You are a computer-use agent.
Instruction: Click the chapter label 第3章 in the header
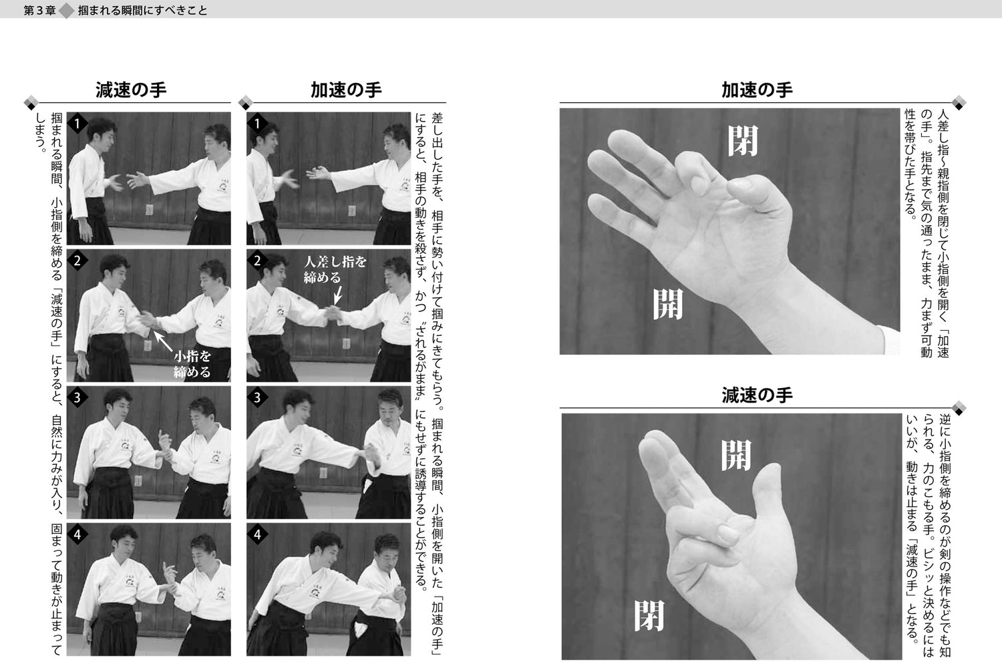tap(39, 11)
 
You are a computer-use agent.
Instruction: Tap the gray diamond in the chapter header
tap(67, 11)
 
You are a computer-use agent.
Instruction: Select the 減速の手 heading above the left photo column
tap(131, 91)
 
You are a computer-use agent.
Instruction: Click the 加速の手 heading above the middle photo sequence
tap(345, 91)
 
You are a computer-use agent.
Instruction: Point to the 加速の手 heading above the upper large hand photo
tap(756, 90)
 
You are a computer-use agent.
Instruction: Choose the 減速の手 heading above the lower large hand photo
tap(756, 395)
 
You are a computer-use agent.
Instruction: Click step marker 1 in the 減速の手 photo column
tap(77, 124)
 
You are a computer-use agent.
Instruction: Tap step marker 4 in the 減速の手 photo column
tap(77, 534)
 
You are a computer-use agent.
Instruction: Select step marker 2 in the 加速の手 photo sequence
tap(258, 261)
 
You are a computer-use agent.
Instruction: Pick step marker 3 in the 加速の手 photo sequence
tap(258, 397)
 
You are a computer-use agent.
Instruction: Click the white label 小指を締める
tap(192, 365)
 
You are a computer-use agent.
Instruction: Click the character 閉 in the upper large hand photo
tap(743, 141)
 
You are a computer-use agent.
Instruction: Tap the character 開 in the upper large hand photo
tap(668, 305)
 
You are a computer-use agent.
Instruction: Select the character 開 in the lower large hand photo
tap(736, 456)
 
